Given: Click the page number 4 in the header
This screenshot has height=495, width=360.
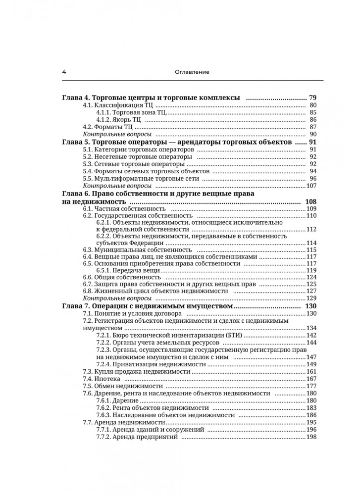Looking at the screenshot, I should pos(64,72).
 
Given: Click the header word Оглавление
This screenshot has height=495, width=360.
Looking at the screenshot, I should pos(192,72).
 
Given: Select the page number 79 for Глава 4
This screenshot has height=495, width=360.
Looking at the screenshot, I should pos(312,97).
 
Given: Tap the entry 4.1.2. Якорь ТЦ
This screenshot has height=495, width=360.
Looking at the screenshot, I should pos(119,119).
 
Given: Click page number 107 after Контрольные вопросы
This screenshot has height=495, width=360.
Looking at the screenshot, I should pos(311,186).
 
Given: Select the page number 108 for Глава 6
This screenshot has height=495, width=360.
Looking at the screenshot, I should pos(310,202).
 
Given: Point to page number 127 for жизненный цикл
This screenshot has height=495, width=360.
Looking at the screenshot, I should pos(311,291).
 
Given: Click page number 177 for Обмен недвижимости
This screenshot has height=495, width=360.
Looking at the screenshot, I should pos(311,386).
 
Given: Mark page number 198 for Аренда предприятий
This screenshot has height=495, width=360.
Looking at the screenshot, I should pos(311,437).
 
